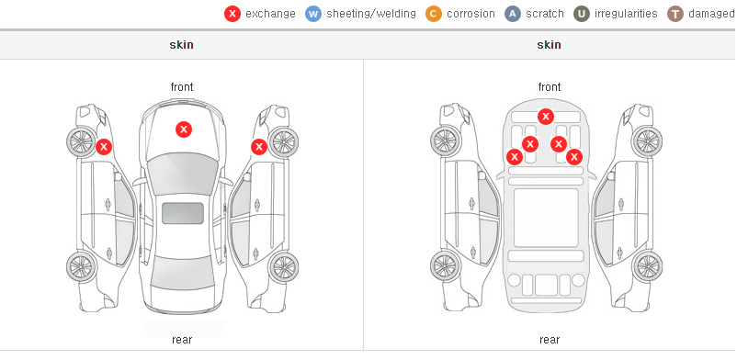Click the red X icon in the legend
click(232, 14)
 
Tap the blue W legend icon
click(312, 14)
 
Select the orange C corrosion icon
click(434, 14)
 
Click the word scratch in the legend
click(545, 14)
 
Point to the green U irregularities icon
click(582, 14)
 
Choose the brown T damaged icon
click(675, 14)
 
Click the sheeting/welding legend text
click(371, 14)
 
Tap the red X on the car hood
click(184, 129)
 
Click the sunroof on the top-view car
click(183, 213)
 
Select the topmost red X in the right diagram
click(545, 116)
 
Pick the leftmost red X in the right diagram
click(515, 156)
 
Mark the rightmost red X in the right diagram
click(574, 157)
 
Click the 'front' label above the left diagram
click(182, 87)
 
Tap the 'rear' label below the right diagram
click(550, 340)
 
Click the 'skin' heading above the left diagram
click(181, 45)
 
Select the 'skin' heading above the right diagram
click(549, 45)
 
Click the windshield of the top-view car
click(183, 174)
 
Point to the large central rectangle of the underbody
click(546, 218)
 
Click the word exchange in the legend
click(270, 14)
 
